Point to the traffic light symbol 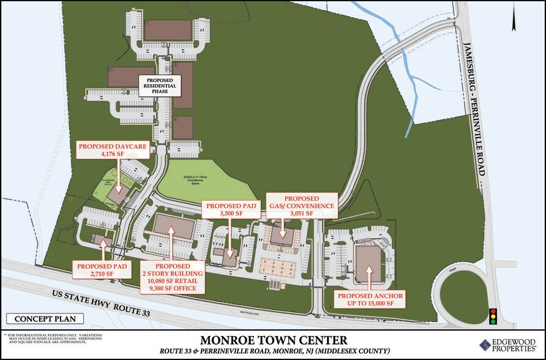tap(492, 316)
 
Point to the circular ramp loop tap(466, 293)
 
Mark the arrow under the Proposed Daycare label tap(120, 178)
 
